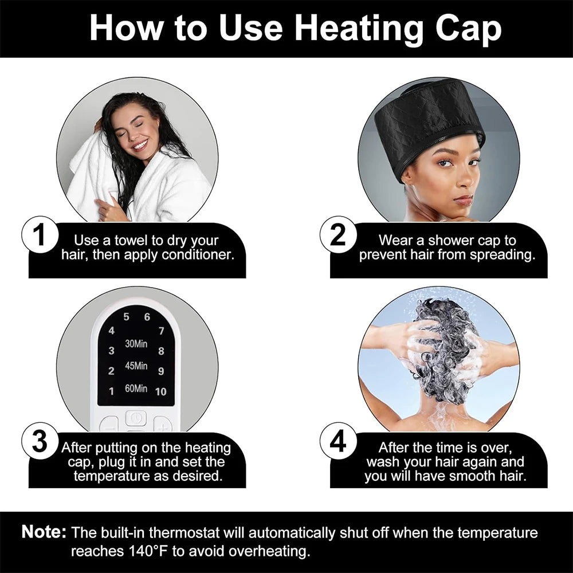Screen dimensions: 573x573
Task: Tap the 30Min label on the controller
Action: pos(136,344)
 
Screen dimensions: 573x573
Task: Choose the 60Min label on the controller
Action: pos(136,388)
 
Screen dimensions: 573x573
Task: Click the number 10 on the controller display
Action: pos(160,391)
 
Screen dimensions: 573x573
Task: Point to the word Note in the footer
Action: pos(44,532)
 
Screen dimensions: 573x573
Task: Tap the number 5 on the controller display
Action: pos(126,317)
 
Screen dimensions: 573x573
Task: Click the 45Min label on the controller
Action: pos(136,366)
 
